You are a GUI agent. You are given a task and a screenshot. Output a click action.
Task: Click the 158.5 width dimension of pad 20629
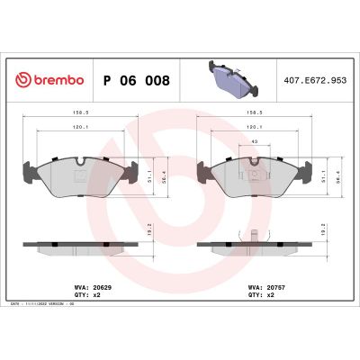tap(77, 114)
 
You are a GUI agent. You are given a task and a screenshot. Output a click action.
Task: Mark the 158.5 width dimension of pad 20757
tap(255, 114)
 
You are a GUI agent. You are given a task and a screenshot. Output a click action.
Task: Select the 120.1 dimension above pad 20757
tap(255, 129)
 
